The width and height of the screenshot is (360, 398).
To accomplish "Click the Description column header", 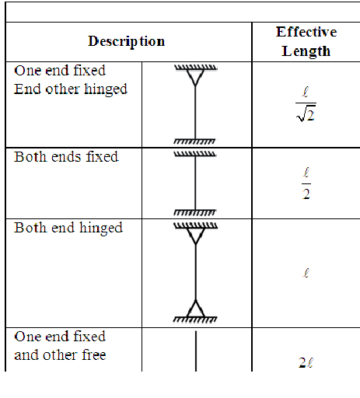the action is pyautogui.click(x=126, y=41).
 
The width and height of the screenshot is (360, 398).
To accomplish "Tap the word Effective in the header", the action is pyautogui.click(x=306, y=32).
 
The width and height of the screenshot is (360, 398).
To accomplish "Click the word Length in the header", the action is pyautogui.click(x=306, y=51).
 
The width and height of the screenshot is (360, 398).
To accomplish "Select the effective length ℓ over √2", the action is pyautogui.click(x=306, y=104).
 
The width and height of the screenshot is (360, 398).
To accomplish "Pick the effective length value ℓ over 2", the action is pyautogui.click(x=306, y=183).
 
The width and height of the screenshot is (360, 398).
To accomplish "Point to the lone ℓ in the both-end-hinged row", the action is pyautogui.click(x=306, y=273).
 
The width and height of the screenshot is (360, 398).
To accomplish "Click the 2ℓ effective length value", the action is pyautogui.click(x=306, y=362).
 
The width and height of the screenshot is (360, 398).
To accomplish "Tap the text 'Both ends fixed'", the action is pyautogui.click(x=66, y=157).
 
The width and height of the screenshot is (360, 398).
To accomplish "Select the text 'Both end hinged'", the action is pyautogui.click(x=68, y=229).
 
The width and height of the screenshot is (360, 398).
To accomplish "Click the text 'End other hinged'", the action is pyautogui.click(x=71, y=89).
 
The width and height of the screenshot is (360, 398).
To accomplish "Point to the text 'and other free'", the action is pyautogui.click(x=60, y=354).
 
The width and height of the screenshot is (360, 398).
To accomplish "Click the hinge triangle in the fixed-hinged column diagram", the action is pyautogui.click(x=195, y=78).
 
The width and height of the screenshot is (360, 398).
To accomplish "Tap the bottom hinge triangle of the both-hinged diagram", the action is pyautogui.click(x=195, y=309).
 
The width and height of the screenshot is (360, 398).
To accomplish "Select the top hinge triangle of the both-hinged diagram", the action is pyautogui.click(x=196, y=236).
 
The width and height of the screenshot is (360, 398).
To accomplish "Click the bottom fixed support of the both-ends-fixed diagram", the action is pyautogui.click(x=195, y=212).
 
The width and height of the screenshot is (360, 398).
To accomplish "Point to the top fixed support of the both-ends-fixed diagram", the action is pyautogui.click(x=195, y=154).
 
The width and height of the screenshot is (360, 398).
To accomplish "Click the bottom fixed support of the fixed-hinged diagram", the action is pyautogui.click(x=194, y=141).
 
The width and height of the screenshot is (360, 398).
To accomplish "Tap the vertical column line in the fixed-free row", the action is pyautogui.click(x=196, y=351).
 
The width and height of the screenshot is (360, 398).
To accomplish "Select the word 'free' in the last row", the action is pyautogui.click(x=94, y=354).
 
